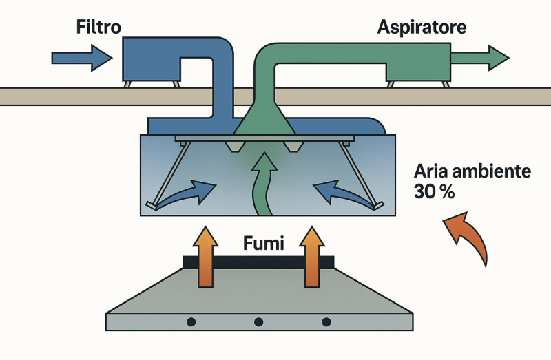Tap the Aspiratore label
(x=422, y=28)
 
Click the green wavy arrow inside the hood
(x=260, y=183)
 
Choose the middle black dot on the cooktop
(x=259, y=321)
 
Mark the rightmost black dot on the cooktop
(x=326, y=321)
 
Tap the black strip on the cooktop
(x=259, y=263)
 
